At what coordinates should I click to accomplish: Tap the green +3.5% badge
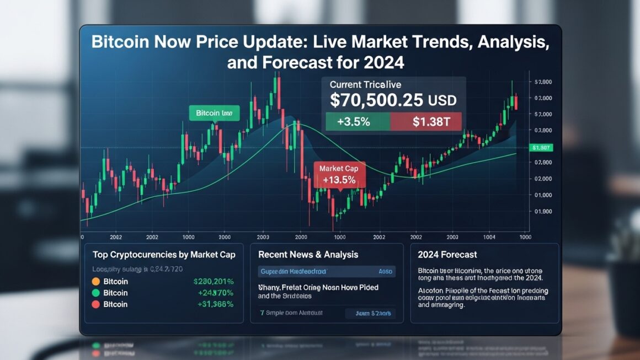click(x=357, y=122)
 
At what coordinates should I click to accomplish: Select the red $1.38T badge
click(x=426, y=122)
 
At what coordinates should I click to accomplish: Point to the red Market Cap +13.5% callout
click(x=339, y=174)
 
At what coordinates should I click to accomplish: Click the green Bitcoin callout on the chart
click(x=214, y=113)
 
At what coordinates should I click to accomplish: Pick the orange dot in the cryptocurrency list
click(x=95, y=282)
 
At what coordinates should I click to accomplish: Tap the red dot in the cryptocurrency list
click(x=95, y=304)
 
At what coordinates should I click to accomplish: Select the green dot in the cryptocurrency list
click(x=95, y=293)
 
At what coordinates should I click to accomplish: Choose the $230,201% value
click(x=214, y=282)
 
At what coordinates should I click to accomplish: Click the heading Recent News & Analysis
click(x=308, y=254)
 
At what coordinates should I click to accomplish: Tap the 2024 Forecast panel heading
click(x=447, y=254)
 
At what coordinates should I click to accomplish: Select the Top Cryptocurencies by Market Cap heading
click(x=164, y=254)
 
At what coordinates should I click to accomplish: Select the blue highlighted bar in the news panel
click(x=327, y=271)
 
